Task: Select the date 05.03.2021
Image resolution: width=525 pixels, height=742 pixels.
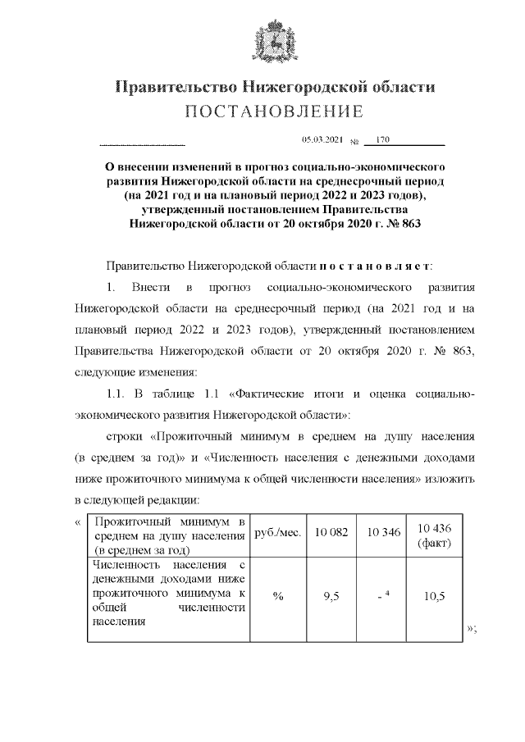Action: pyautogui.click(x=322, y=141)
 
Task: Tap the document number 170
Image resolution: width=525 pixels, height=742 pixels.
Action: pyautogui.click(x=383, y=140)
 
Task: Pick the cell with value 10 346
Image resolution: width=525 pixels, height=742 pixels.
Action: pyautogui.click(x=384, y=532)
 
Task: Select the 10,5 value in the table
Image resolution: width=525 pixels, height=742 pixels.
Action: pyautogui.click(x=435, y=596)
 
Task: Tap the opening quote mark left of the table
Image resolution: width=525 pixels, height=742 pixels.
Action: pyautogui.click(x=77, y=521)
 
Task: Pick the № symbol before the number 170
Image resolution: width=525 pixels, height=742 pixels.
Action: pyautogui.click(x=356, y=142)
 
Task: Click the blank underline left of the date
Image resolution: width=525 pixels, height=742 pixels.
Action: pyautogui.click(x=141, y=144)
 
